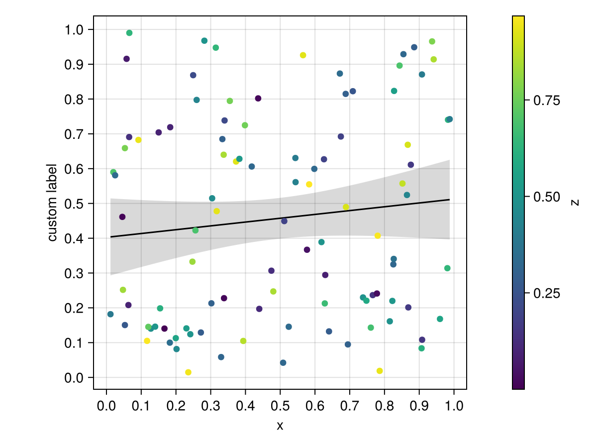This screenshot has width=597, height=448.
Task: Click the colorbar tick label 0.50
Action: click(x=547, y=197)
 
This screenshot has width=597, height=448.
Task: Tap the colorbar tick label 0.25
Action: click(x=547, y=293)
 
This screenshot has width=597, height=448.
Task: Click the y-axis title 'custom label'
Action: click(x=52, y=203)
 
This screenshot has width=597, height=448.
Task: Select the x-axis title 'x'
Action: click(x=280, y=426)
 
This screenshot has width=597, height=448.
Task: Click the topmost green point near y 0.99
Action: click(x=129, y=33)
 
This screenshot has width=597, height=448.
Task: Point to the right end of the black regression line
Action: click(x=450, y=200)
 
